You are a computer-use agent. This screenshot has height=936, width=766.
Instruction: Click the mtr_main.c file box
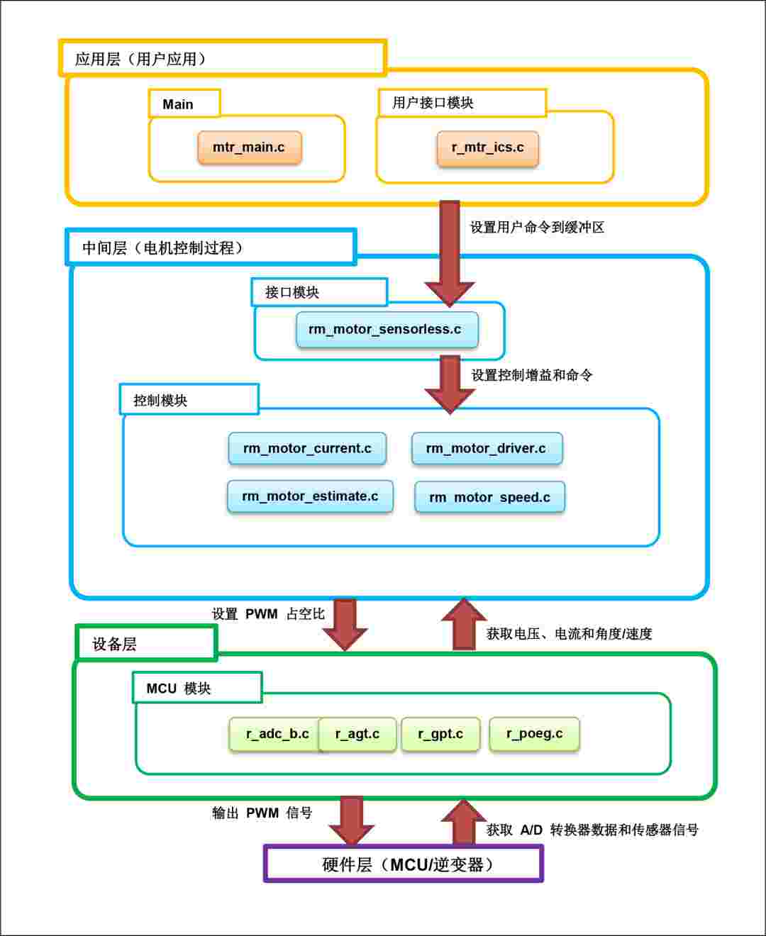pyautogui.click(x=250, y=147)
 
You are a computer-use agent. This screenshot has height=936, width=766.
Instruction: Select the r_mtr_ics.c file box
pyautogui.click(x=487, y=148)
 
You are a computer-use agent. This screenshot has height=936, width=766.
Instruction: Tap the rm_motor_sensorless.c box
pyautogui.click(x=387, y=330)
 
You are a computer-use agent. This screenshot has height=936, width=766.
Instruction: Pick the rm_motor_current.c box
pyautogui.click(x=307, y=448)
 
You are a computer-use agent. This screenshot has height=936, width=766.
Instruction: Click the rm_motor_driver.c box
pyautogui.click(x=487, y=448)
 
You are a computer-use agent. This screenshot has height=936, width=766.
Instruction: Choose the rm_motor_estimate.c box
pyautogui.click(x=310, y=496)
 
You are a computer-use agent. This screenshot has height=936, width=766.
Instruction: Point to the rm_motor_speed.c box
pyautogui.click(x=489, y=497)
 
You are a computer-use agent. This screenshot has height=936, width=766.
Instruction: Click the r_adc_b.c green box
pyautogui.click(x=275, y=734)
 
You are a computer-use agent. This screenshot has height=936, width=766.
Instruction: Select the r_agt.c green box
pyautogui.click(x=357, y=735)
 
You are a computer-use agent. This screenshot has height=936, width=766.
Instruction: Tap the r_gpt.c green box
pyautogui.click(x=440, y=734)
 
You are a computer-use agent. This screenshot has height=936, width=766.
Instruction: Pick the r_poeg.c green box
pyautogui.click(x=534, y=734)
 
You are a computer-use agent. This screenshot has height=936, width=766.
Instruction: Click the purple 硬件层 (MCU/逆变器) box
pyautogui.click(x=403, y=864)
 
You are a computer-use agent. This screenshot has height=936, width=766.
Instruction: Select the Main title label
pyautogui.click(x=184, y=104)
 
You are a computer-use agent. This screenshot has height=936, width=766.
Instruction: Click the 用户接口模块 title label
pyautogui.click(x=462, y=103)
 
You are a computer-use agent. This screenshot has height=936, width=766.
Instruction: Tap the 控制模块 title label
pyautogui.click(x=189, y=399)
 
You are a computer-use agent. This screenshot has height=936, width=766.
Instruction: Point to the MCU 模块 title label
pyautogui.click(x=197, y=689)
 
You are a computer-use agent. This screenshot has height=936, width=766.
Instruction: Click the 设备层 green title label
pyautogui.click(x=147, y=642)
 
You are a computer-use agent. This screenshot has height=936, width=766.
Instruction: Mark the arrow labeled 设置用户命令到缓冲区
pyautogui.click(x=450, y=254)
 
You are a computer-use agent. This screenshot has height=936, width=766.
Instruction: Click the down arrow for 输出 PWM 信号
pyautogui.click(x=351, y=821)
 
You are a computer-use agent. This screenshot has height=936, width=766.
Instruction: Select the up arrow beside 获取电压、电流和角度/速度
pyautogui.click(x=464, y=624)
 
